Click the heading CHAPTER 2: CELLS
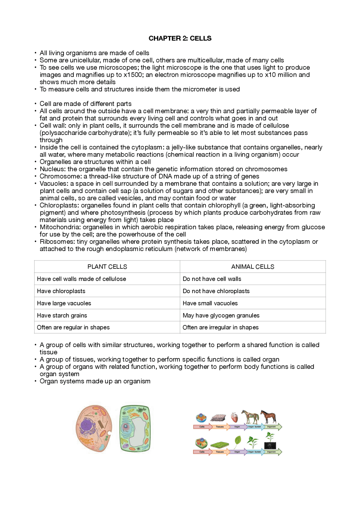(x=180, y=38)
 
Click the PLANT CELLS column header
(x=107, y=267)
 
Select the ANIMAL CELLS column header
(x=253, y=267)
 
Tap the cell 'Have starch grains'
(x=62, y=315)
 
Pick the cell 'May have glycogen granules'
(x=221, y=315)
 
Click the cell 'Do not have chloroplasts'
(x=216, y=291)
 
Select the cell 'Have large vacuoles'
(x=64, y=303)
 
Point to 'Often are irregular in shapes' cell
(x=220, y=327)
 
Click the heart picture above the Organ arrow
(x=234, y=417)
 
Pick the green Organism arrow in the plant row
(x=272, y=452)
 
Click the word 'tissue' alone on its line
(x=48, y=352)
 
